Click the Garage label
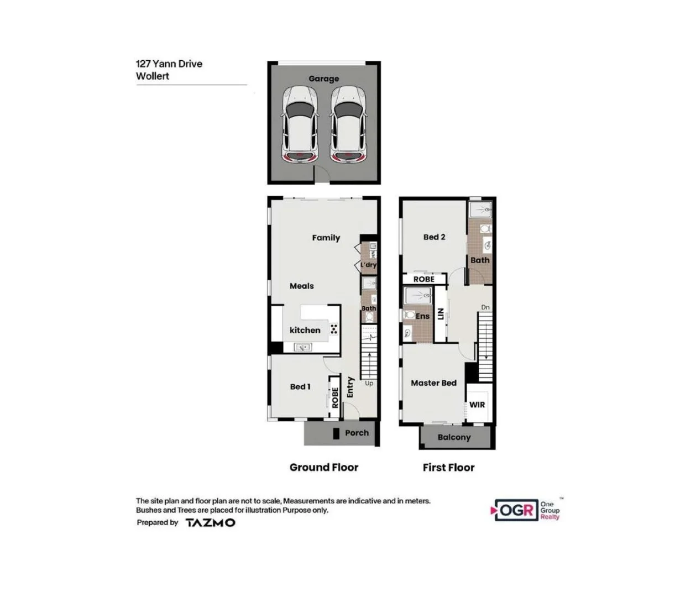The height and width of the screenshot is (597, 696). point(323,78)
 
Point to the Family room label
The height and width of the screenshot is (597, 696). point(326,238)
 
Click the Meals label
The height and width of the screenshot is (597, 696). point(301,286)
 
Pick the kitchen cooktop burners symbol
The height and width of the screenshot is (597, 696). point(334,329)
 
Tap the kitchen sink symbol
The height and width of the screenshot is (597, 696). point(303,347)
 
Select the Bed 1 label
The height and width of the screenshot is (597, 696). point(300,386)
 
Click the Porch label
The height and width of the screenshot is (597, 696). point(357,433)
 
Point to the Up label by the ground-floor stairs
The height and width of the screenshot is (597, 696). point(369,383)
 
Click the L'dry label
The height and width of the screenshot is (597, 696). point(368,265)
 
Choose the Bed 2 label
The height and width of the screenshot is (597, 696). point(434,237)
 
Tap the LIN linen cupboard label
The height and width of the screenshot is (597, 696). point(441,314)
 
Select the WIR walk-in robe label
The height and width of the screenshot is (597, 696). point(477,405)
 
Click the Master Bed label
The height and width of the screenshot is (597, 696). point(433,383)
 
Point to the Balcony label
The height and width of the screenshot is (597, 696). point(454,437)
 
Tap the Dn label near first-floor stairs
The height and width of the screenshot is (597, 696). point(485,307)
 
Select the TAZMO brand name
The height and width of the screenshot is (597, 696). point(210,522)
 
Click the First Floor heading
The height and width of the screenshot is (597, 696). point(448,468)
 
